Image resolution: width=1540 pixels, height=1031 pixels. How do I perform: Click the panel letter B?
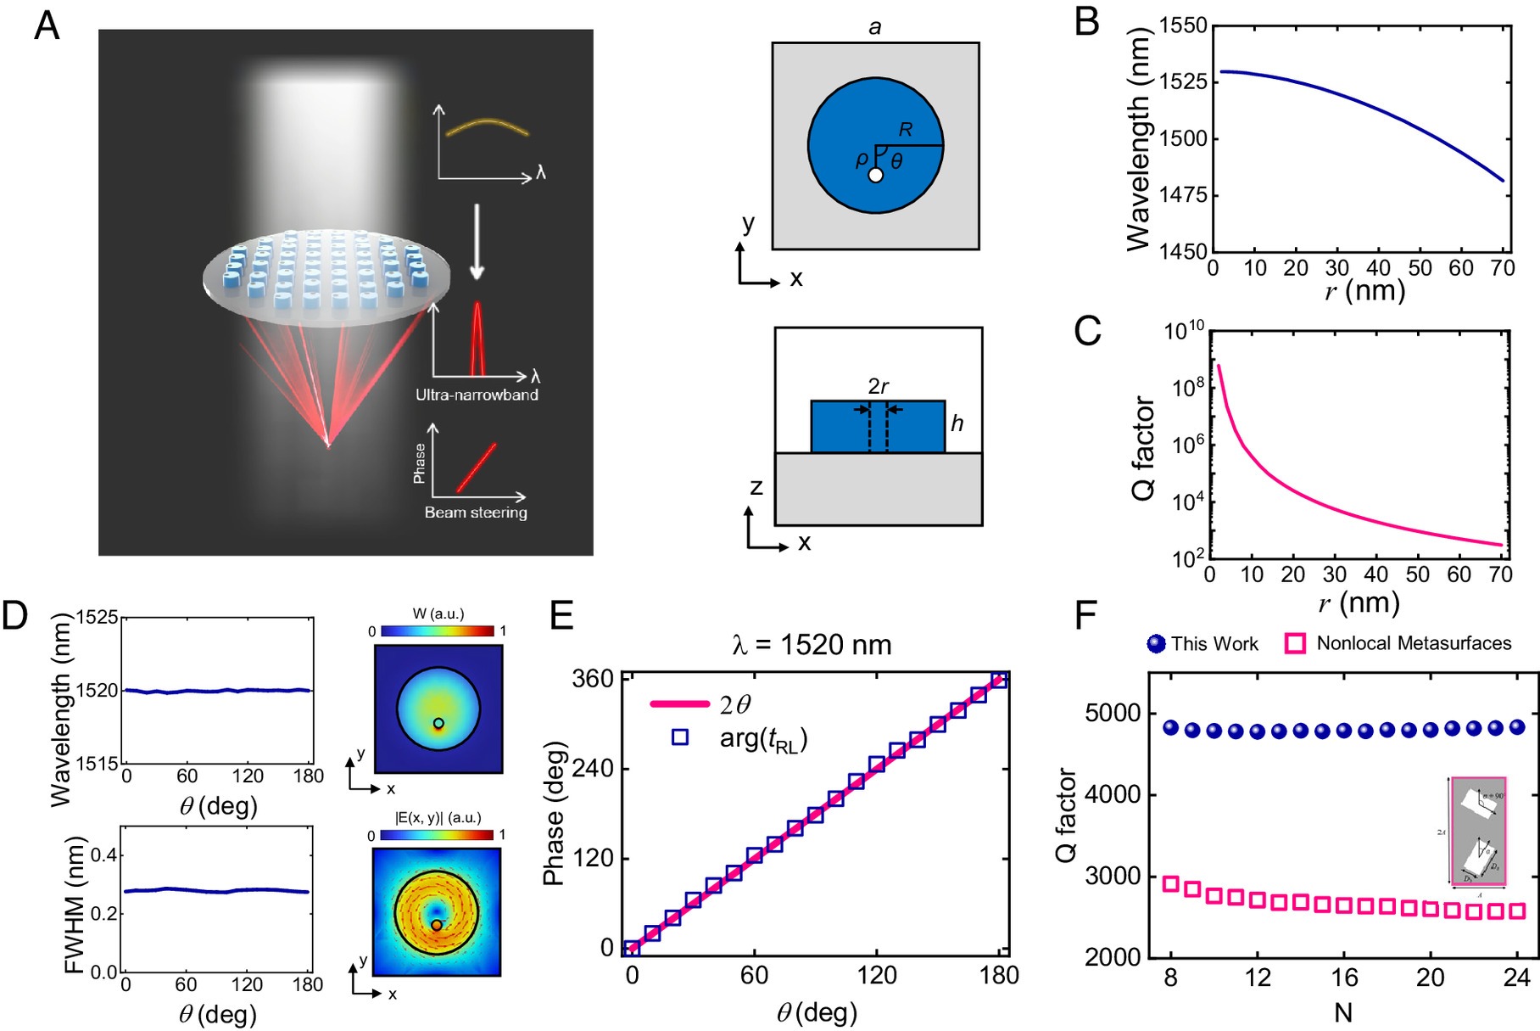tap(1086, 23)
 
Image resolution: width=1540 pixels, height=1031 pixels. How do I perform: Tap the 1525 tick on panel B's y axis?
tap(1183, 82)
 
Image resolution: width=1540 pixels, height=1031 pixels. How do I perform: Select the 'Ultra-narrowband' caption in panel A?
tap(477, 395)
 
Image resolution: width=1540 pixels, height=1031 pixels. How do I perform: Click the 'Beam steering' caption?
tap(476, 513)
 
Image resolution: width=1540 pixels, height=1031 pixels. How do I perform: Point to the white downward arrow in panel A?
tap(477, 242)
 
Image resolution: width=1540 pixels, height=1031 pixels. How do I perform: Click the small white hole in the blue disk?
tap(876, 176)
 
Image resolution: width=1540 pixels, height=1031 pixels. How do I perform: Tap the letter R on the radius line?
tap(906, 130)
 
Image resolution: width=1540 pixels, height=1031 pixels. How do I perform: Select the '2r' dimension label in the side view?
tap(879, 387)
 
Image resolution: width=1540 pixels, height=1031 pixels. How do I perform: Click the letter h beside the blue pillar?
tap(957, 423)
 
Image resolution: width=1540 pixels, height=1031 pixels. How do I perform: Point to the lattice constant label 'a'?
tap(875, 28)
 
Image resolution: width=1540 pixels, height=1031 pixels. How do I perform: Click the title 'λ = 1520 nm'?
tap(812, 645)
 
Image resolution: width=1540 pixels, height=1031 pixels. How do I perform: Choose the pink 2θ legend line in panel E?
tap(679, 704)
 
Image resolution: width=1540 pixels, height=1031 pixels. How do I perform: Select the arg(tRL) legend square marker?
tap(680, 738)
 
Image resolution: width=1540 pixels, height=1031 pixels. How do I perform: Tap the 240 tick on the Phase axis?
tap(593, 769)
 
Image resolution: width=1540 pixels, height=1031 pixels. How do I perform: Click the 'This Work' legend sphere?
tap(1156, 644)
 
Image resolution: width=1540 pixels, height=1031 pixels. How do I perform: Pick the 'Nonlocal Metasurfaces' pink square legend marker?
tap(1295, 644)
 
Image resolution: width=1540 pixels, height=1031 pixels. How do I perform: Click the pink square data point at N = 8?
tap(1171, 883)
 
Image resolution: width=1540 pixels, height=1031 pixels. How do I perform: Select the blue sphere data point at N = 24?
tap(1517, 727)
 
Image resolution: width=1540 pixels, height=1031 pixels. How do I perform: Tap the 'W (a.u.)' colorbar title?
tap(438, 614)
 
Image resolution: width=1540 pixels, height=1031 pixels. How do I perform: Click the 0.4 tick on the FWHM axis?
tap(104, 855)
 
